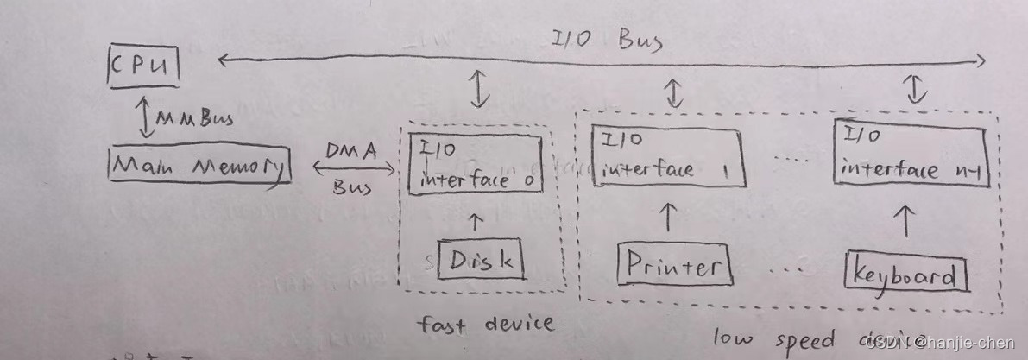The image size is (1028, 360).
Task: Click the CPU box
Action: (143, 66)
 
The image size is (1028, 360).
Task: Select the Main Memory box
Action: (199, 166)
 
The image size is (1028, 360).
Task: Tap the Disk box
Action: (481, 260)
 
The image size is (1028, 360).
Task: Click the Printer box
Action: (674, 264)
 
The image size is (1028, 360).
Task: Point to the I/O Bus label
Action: (607, 40)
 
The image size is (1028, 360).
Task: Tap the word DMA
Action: (351, 150)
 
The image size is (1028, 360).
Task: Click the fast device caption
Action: (484, 324)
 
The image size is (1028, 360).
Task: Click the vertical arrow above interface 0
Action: (477, 88)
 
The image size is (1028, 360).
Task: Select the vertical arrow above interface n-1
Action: (915, 88)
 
